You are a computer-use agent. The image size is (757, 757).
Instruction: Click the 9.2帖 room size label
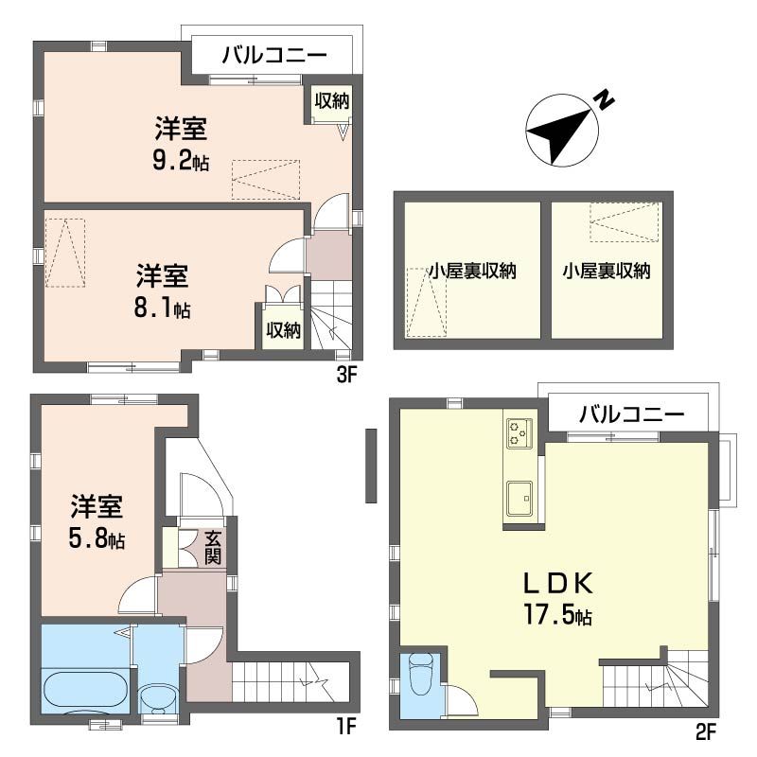tap(182, 162)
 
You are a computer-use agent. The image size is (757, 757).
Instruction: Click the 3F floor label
tap(345, 374)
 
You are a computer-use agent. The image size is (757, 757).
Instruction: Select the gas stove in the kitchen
tap(519, 432)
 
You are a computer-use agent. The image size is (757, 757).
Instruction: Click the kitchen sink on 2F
tap(519, 498)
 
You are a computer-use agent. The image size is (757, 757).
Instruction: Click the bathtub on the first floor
tap(85, 691)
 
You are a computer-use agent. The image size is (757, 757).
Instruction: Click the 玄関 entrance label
tap(213, 548)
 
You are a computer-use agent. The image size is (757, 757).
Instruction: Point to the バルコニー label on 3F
tap(274, 56)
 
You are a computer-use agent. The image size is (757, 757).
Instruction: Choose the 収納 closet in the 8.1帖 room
tap(283, 330)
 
